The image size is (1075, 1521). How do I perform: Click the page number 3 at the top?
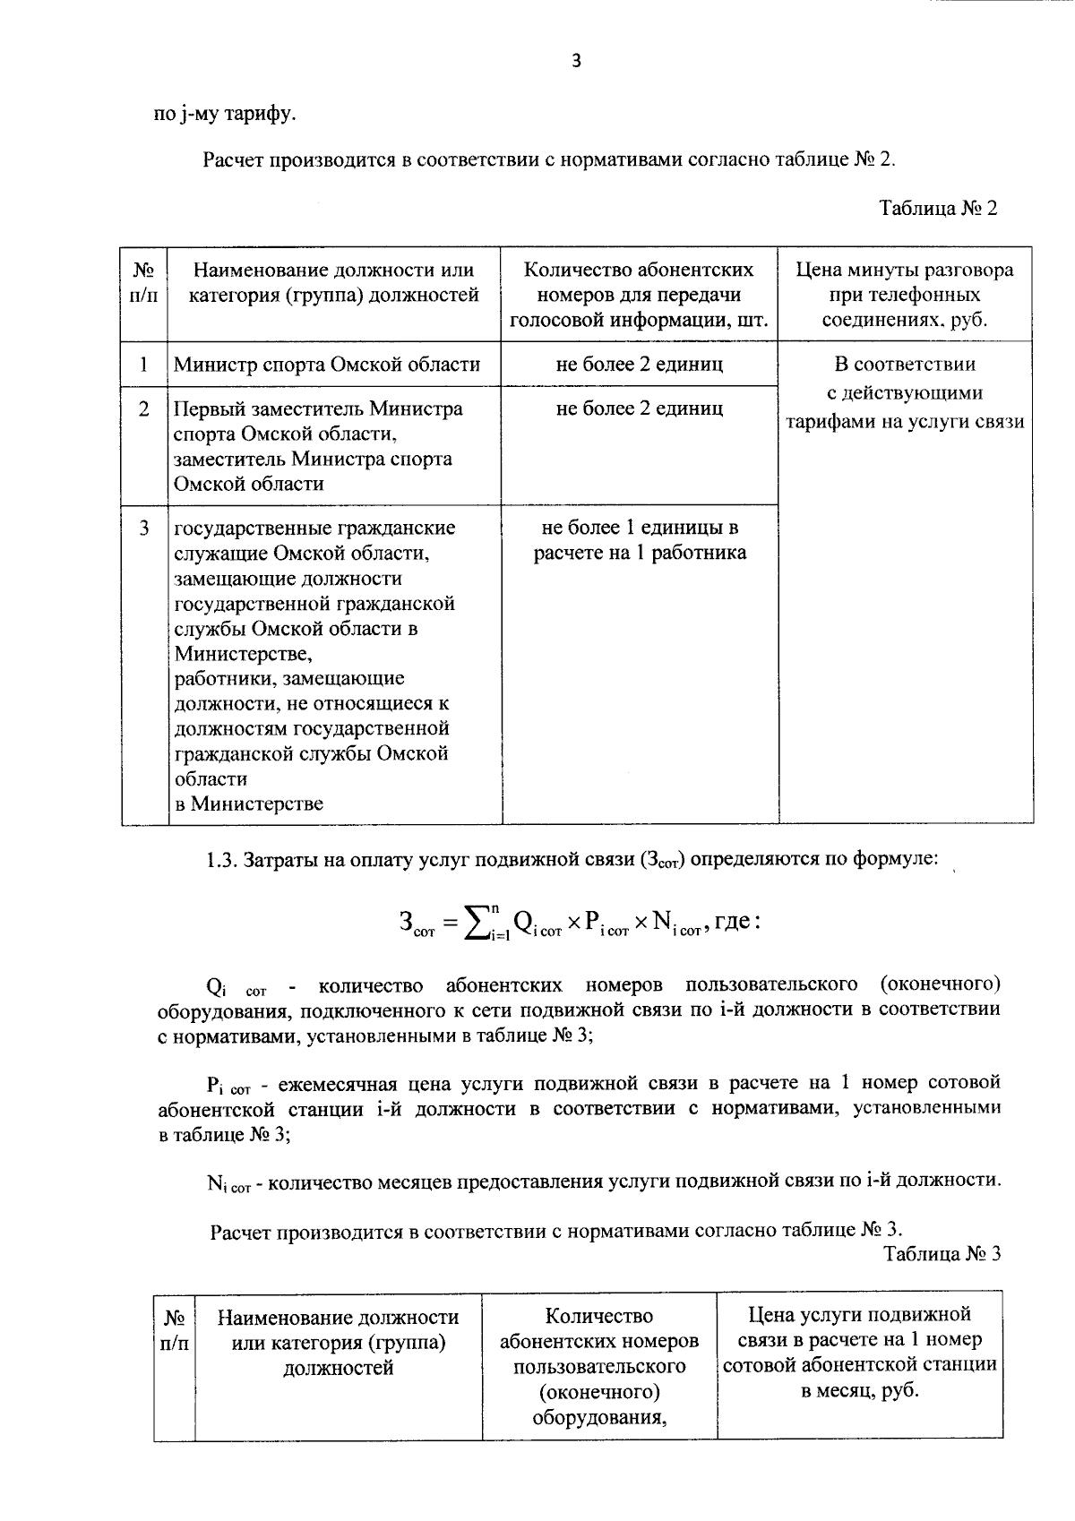point(576,62)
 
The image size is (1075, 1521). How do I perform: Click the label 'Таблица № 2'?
point(938,209)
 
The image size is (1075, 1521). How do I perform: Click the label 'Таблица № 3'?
point(942,1253)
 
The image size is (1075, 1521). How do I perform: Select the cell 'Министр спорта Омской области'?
point(327,365)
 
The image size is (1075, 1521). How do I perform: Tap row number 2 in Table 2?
point(144,409)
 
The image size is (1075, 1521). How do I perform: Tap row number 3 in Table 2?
point(144,528)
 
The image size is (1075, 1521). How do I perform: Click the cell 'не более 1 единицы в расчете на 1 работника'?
point(640,540)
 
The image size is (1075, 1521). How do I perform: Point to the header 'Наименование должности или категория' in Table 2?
point(333,282)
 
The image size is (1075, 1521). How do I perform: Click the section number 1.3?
point(219,860)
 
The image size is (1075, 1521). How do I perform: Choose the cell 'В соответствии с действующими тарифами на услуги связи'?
point(905,393)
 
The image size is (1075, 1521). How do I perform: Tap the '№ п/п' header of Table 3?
point(175,1330)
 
